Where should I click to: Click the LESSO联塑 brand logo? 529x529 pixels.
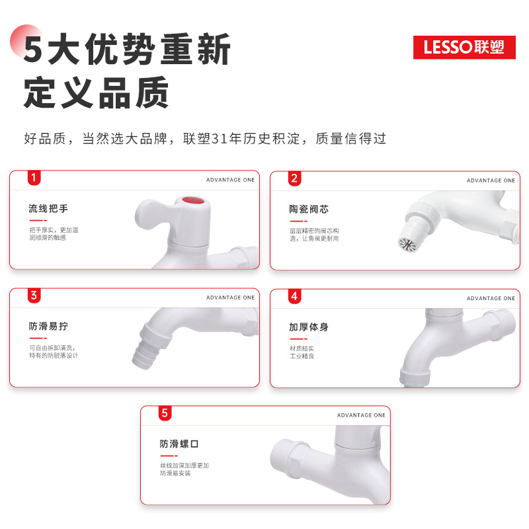point(464,47)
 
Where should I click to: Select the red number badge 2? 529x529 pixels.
point(295,178)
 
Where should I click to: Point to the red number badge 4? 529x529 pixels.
point(295,296)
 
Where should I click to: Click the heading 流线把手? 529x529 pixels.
point(48,209)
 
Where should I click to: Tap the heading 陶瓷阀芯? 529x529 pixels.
point(309,209)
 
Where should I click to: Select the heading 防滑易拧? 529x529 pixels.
point(48,327)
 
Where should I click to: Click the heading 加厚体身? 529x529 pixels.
point(309,327)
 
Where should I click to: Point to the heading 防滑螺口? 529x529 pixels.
point(179,444)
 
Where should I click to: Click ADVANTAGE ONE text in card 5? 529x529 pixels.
point(361,415)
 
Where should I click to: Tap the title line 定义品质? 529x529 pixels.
point(97,93)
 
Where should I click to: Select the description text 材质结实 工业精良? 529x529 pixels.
point(302,352)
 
